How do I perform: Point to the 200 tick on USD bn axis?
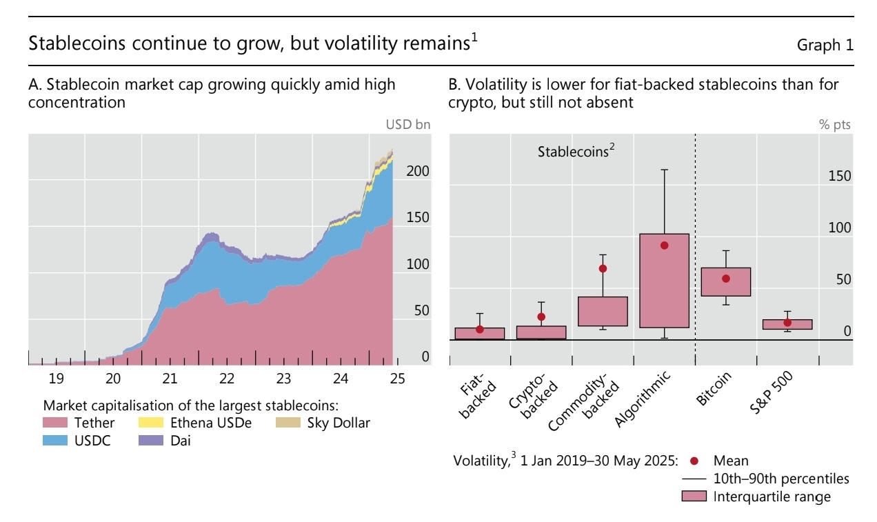tap(417, 171)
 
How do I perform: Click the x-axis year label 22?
tap(227, 379)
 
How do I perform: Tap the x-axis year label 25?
tap(397, 379)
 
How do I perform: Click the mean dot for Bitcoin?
tap(725, 279)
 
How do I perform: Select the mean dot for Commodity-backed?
tap(603, 268)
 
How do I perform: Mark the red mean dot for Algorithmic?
tap(664, 245)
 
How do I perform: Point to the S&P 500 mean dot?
tap(787, 323)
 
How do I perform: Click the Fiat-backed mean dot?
tap(480, 330)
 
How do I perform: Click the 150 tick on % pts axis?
tap(840, 176)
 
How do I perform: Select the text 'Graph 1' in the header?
tap(825, 46)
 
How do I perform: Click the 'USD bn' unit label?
tap(407, 125)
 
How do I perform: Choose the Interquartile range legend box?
tap(694, 496)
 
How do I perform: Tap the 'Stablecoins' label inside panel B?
tap(573, 152)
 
